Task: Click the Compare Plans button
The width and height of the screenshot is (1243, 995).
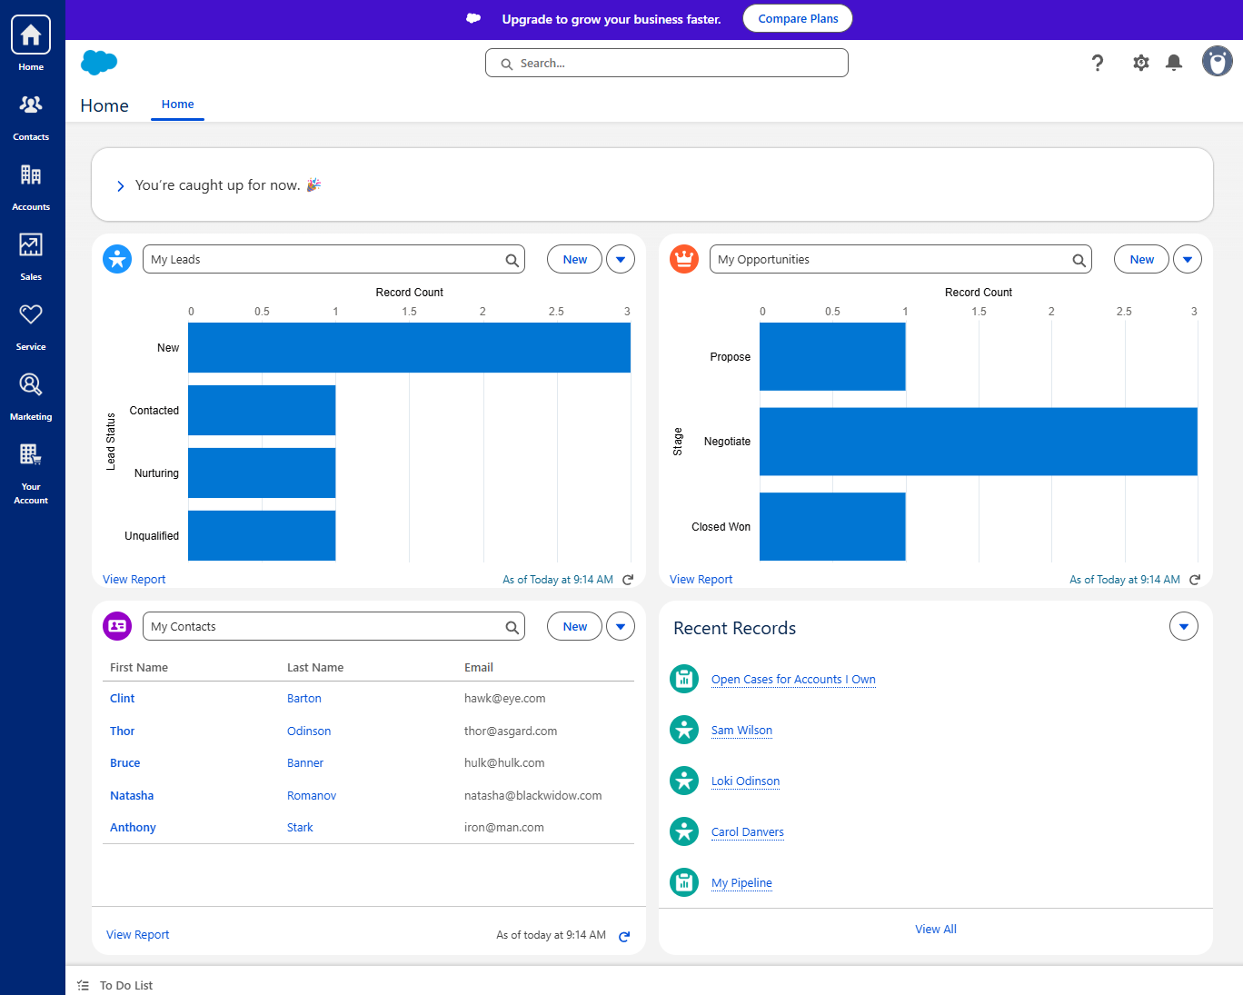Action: pos(797,19)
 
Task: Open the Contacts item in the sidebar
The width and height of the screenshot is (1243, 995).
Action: pos(31,115)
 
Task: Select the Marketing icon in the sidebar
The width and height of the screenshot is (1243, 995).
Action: pos(31,395)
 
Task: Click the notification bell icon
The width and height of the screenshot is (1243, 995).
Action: pos(1174,63)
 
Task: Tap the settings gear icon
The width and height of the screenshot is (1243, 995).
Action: pos(1141,63)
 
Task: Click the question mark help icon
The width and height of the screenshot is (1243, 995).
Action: pos(1098,63)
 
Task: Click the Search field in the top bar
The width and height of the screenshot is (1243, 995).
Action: pos(667,64)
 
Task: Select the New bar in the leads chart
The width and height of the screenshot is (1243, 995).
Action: pos(409,348)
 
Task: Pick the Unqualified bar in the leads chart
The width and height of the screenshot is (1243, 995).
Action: pos(262,536)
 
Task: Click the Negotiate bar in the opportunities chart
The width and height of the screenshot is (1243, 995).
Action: pos(978,442)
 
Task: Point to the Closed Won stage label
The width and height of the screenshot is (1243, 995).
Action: pos(721,527)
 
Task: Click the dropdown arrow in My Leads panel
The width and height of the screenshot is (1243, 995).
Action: pos(621,260)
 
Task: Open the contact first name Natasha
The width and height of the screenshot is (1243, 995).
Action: pos(132,796)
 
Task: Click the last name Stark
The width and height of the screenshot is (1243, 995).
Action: pos(300,828)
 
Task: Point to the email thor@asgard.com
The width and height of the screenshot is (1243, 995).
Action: pos(511,731)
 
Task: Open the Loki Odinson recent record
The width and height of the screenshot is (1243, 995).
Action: pos(745,781)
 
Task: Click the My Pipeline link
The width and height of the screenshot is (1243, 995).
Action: pos(741,883)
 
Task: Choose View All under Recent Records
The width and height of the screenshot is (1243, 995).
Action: pos(935,930)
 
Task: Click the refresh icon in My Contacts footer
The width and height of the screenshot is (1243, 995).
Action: pos(624,937)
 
